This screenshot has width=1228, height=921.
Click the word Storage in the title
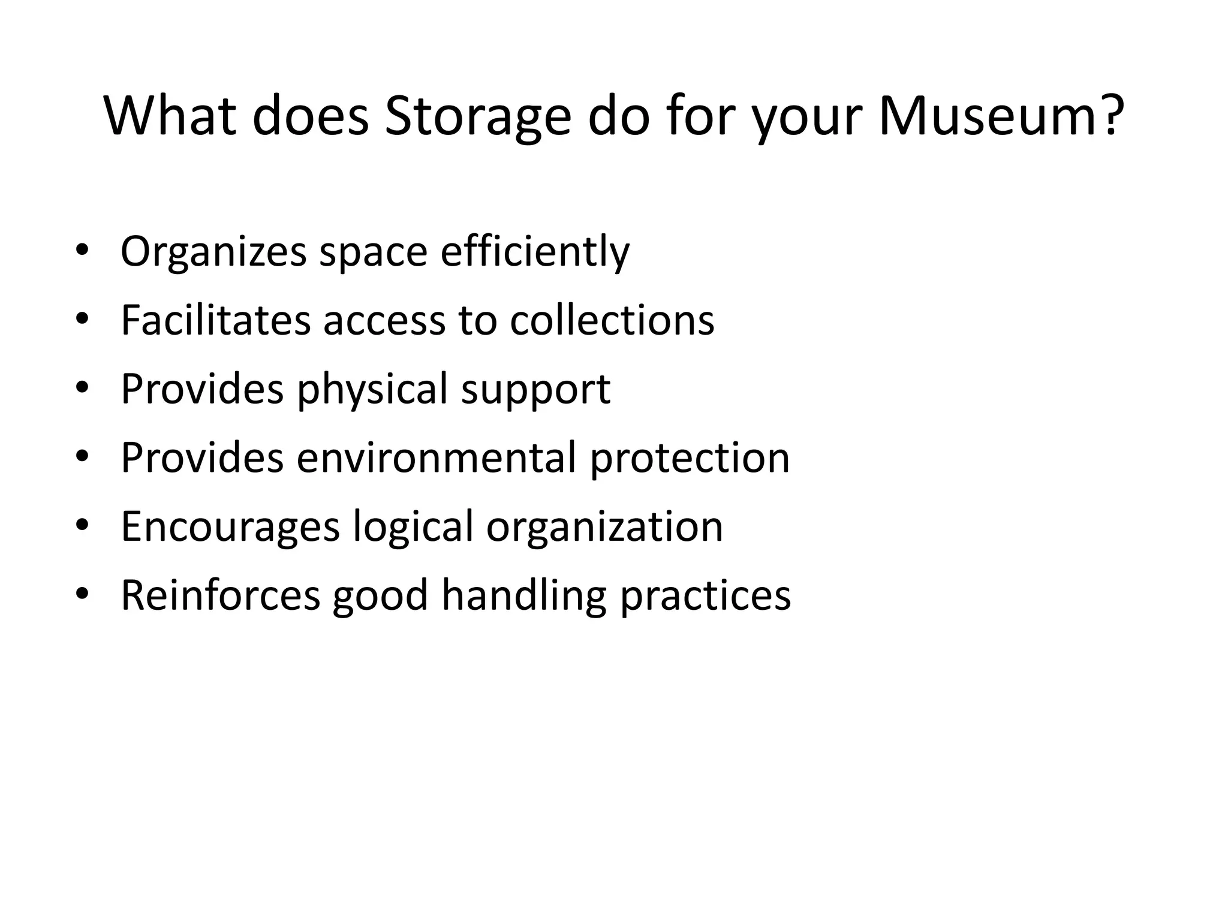point(477,117)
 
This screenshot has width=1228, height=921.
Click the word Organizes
point(213,252)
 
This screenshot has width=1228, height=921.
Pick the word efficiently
point(535,251)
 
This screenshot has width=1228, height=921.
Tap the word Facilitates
point(215,320)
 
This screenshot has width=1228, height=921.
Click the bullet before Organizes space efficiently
point(82,251)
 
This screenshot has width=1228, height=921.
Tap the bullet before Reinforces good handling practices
point(82,594)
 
